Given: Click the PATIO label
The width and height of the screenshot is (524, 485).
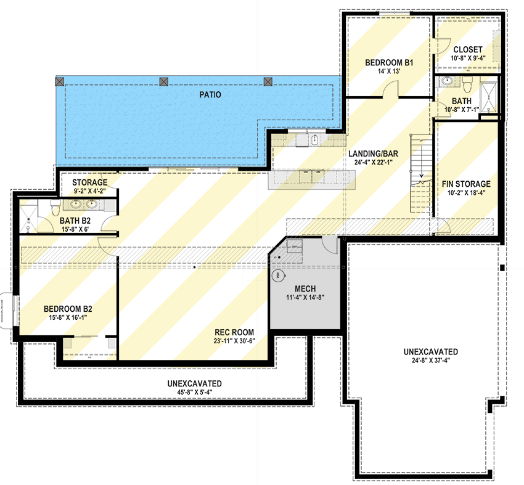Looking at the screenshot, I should [210, 95].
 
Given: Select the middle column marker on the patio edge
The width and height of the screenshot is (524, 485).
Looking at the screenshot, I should [163, 81].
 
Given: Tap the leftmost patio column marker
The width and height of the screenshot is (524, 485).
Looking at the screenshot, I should [60, 81].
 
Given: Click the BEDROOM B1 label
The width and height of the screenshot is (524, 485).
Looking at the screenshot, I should [388, 63].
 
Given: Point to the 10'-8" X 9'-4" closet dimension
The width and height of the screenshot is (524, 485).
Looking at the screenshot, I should [468, 59].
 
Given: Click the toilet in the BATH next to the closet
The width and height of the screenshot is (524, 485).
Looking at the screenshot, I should [467, 82].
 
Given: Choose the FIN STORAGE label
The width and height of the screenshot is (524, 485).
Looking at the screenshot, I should [466, 184].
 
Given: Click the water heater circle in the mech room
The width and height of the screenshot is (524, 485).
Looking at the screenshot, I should [278, 275].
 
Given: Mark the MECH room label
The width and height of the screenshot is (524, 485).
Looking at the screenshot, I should [305, 288].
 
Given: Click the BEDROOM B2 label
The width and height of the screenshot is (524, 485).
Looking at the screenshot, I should [68, 309].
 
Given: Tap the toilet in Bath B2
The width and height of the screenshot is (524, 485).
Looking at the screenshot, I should [55, 206].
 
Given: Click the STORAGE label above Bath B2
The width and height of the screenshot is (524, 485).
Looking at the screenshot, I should [90, 183].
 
